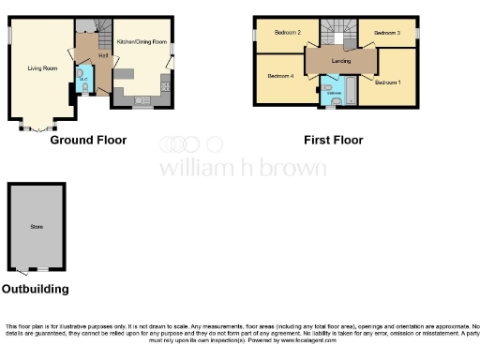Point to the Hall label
(102, 56)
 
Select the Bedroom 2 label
(287, 33)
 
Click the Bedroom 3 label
(386, 33)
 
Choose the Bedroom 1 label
(386, 82)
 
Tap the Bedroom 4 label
(280, 75)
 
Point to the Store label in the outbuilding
(37, 225)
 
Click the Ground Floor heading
(88, 140)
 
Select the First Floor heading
(333, 140)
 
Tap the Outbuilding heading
(35, 290)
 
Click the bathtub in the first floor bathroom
(350, 92)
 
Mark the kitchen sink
(141, 99)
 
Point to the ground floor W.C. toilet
(86, 89)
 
